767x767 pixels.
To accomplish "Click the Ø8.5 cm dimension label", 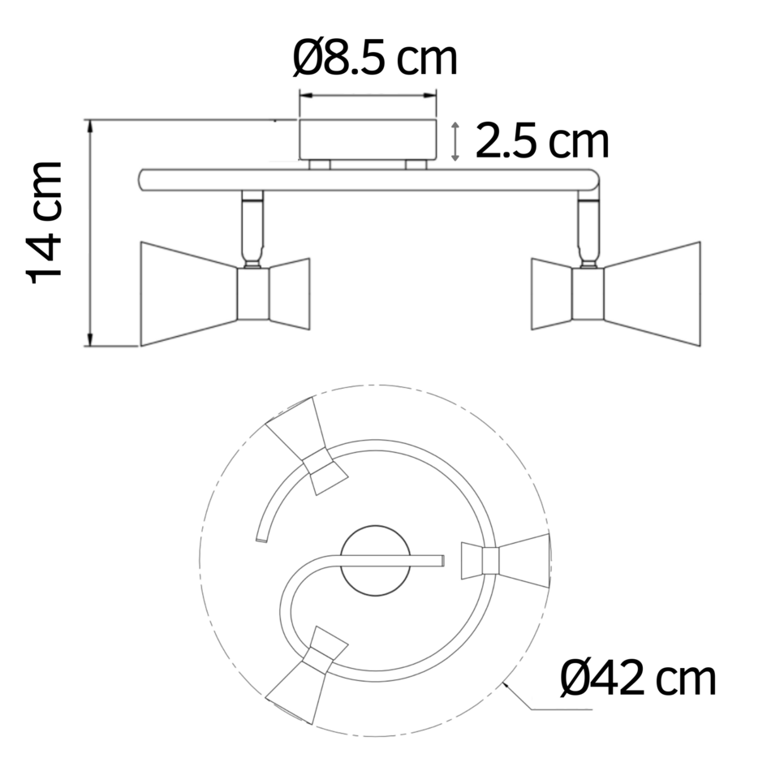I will (x=375, y=59).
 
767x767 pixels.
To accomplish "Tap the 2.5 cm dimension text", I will (x=541, y=141).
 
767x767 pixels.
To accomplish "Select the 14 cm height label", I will (x=45, y=222).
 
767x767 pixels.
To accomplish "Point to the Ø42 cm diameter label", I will (x=638, y=678).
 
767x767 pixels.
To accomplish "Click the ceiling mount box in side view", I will (x=368, y=140).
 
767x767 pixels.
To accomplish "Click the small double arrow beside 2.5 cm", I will (x=456, y=141).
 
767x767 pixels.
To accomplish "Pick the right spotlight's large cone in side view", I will (x=653, y=292).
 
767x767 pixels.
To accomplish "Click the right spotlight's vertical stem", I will (x=588, y=231).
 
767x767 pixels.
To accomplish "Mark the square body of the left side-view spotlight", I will (x=252, y=294).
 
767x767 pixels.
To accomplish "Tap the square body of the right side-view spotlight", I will (x=588, y=294).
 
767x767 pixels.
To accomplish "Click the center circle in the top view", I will (x=375, y=560).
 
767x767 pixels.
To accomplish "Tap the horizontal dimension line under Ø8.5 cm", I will (x=368, y=95).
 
